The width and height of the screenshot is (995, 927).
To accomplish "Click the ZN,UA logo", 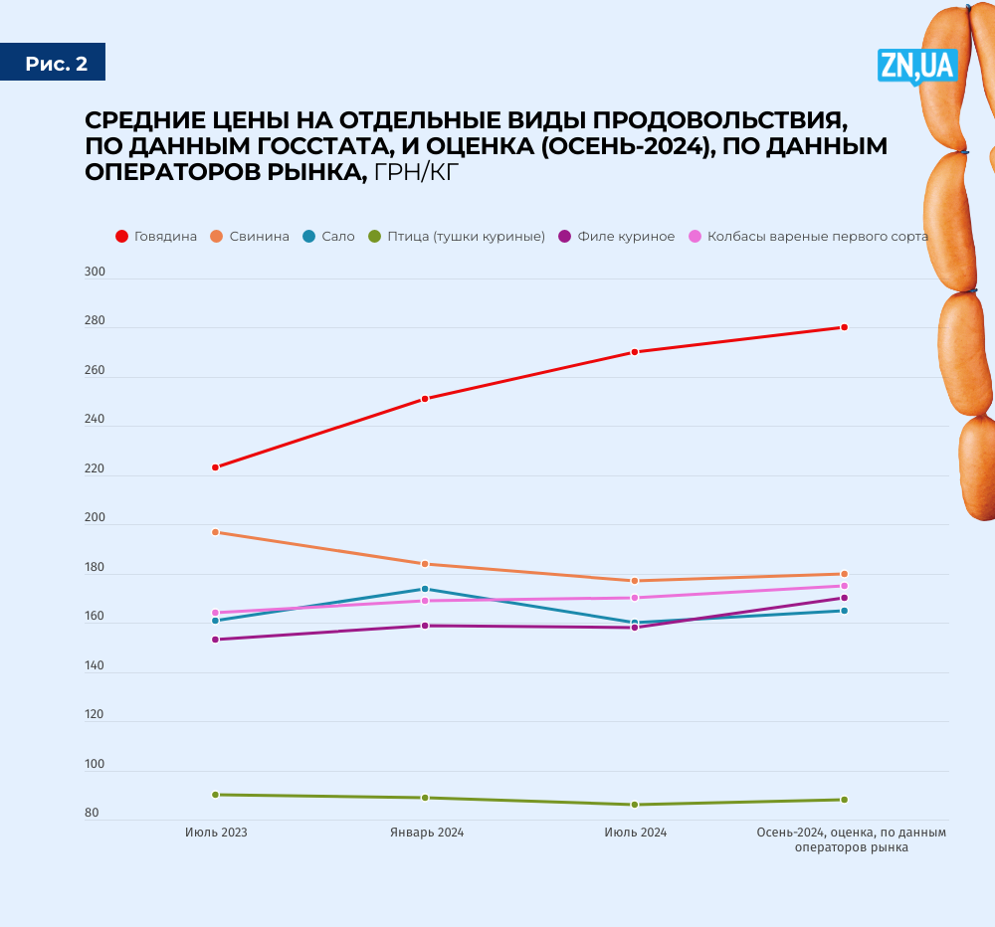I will click(916, 66).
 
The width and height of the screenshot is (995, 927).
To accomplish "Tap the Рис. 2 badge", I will click(56, 64).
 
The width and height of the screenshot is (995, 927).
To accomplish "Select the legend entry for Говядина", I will click(156, 237).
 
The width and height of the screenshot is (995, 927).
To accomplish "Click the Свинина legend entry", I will click(251, 237).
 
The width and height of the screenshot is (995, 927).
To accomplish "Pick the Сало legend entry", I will click(329, 237).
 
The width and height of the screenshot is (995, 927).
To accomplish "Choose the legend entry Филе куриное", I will click(617, 237).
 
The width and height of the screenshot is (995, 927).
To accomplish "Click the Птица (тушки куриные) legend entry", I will click(459, 237).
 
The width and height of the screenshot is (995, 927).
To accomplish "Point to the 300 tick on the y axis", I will click(95, 273).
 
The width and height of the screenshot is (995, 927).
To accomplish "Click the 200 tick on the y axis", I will click(95, 519).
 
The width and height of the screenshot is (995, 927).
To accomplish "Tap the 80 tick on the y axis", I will click(92, 814).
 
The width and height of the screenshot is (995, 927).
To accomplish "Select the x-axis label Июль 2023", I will click(216, 833).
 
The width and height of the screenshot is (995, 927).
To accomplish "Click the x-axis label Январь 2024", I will click(426, 833).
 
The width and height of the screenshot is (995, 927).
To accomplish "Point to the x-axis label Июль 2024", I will click(636, 833).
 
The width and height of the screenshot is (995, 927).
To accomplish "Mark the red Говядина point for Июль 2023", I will click(215, 467).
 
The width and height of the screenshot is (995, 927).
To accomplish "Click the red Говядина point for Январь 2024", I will click(425, 399).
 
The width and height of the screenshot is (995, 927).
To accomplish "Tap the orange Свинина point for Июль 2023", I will click(215, 532).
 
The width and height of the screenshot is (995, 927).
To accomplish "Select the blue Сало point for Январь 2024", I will click(425, 589).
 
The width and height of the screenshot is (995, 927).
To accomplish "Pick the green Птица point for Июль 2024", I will click(635, 805).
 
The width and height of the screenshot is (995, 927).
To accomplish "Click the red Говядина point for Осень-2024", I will click(844, 327).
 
